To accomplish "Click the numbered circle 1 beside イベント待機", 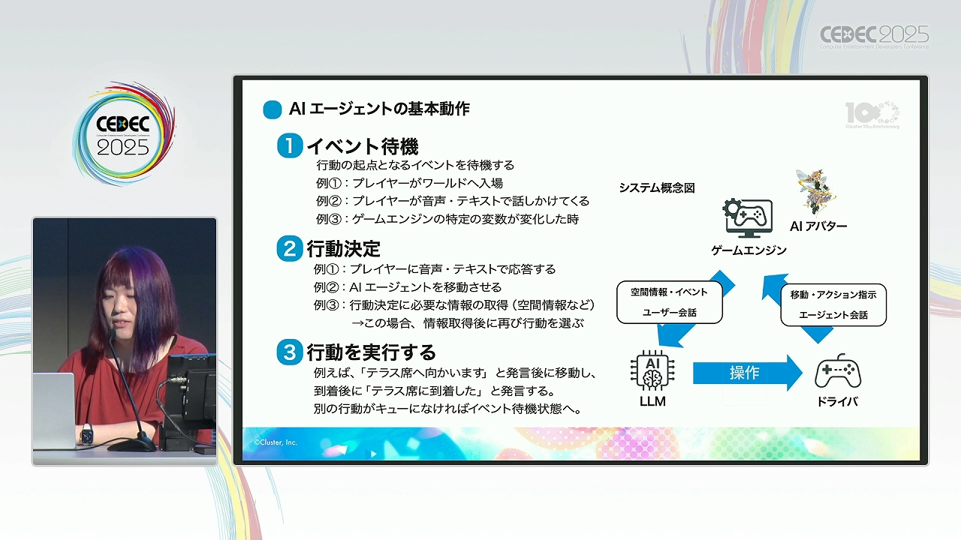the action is [x=290, y=145].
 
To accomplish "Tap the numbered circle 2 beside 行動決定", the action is [x=290, y=248].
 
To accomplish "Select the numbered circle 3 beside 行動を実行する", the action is [x=290, y=352].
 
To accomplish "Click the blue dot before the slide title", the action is [x=272, y=109].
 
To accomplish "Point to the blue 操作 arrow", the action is [x=747, y=373].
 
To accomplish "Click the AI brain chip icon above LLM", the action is [x=652, y=371].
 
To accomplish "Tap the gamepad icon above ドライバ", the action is [x=837, y=371].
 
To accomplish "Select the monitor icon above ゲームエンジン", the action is [x=747, y=218].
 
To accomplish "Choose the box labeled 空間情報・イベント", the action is [x=669, y=302].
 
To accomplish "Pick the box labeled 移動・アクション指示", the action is [x=833, y=304].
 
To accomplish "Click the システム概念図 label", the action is [x=657, y=188].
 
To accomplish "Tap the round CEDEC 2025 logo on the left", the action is [x=124, y=134].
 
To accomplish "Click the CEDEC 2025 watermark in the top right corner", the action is [x=875, y=37].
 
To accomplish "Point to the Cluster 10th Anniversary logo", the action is [x=872, y=115].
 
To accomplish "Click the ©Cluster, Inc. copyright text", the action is [x=275, y=442].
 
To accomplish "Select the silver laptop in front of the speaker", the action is [x=55, y=410].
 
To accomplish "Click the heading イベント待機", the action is [x=363, y=146].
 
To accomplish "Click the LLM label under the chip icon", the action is [x=652, y=401].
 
